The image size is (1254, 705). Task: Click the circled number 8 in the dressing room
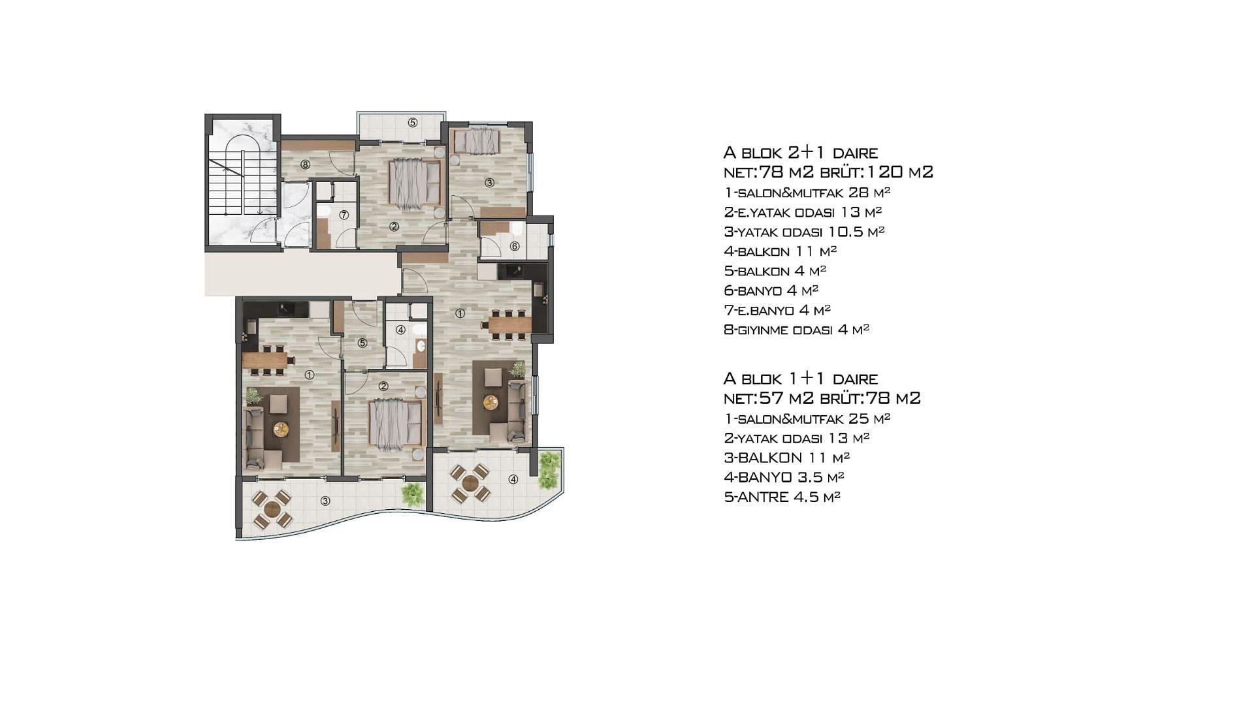pyautogui.click(x=305, y=164)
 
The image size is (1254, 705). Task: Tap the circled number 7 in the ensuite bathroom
pyautogui.click(x=344, y=215)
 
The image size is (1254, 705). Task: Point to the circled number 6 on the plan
pyautogui.click(x=515, y=246)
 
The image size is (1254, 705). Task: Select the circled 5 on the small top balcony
pyautogui.click(x=413, y=122)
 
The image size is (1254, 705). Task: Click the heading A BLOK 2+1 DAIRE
pyautogui.click(x=800, y=153)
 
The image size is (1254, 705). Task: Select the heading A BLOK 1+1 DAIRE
pyautogui.click(x=800, y=379)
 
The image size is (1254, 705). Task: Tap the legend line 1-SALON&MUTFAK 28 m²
pyautogui.click(x=807, y=193)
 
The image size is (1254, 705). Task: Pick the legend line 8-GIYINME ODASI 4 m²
pyautogui.click(x=796, y=330)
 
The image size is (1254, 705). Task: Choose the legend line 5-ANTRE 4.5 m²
pyautogui.click(x=782, y=497)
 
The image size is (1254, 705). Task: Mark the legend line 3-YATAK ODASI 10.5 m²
pyautogui.click(x=804, y=232)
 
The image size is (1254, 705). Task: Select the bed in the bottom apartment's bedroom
pyautogui.click(x=396, y=422)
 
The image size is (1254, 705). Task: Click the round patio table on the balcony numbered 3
pyautogui.click(x=272, y=509)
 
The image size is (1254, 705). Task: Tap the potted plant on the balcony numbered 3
pyautogui.click(x=413, y=494)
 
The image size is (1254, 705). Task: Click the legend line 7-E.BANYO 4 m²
pyautogui.click(x=777, y=310)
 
